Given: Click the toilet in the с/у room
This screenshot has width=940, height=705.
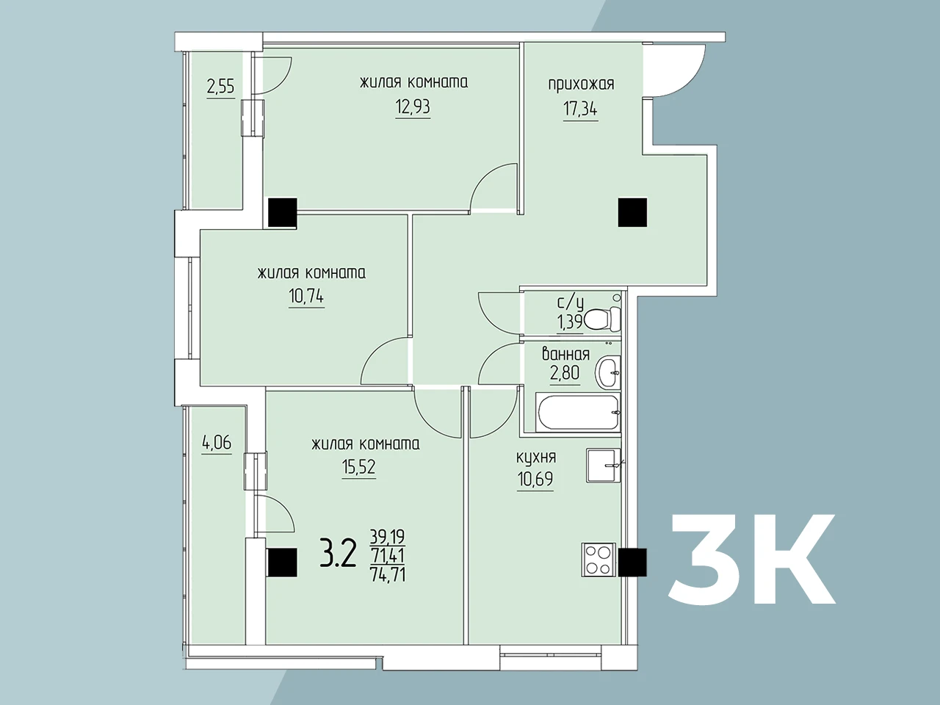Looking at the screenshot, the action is point(603,319).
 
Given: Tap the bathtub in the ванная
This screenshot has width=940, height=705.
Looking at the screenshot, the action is point(578,413).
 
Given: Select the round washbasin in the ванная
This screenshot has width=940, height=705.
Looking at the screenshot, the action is point(607,373).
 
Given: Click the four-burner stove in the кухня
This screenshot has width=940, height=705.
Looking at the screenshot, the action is point(599,560).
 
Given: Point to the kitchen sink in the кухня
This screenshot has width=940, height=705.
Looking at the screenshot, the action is point(603,466).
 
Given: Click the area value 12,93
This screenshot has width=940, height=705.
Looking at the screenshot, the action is point(413,107).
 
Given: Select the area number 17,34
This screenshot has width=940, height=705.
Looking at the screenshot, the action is point(580,109).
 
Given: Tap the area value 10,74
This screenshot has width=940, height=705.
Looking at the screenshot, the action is point(306,296).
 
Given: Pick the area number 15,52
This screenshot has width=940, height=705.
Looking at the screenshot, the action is point(359,466).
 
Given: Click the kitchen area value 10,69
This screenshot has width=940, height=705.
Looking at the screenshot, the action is point(535,479).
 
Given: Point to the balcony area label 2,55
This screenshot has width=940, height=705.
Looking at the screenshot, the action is point(220,87).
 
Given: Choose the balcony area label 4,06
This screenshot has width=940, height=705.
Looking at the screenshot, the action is point(217,442).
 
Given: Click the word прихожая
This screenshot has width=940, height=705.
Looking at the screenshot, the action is point(581,84).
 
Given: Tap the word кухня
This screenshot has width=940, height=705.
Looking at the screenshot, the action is point(536,458).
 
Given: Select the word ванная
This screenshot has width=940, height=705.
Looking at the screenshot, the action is point(565,355).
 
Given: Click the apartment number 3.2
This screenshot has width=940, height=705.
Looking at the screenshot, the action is point(338,554).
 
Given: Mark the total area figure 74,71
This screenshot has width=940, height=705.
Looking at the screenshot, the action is point(388,574).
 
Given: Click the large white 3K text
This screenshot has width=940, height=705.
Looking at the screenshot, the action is point(751,559).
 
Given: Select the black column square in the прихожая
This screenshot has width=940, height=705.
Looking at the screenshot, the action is point(632,212).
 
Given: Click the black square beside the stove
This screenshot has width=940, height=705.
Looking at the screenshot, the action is point(632,563).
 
